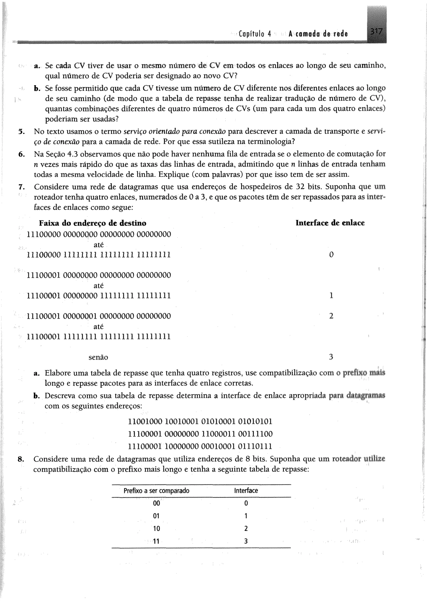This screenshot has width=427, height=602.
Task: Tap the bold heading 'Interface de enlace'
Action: coord(330,223)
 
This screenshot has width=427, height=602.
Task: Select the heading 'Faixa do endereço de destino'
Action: coord(93,223)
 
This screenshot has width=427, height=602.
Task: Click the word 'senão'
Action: coord(98,357)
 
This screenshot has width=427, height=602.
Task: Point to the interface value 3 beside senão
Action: coord(331,357)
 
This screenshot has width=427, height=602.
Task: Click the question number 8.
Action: coord(21,459)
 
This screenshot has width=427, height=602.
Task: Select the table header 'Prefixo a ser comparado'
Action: coord(156,491)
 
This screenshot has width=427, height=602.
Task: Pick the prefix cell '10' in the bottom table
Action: coord(156,528)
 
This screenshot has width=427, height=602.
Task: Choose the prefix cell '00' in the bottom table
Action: coord(156,503)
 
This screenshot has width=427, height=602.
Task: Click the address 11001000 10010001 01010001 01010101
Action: coord(200,422)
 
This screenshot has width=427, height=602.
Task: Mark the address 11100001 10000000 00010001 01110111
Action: coord(200,446)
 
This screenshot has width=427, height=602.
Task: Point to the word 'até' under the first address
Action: coord(99,245)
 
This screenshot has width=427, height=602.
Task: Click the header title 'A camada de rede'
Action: coord(318,34)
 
